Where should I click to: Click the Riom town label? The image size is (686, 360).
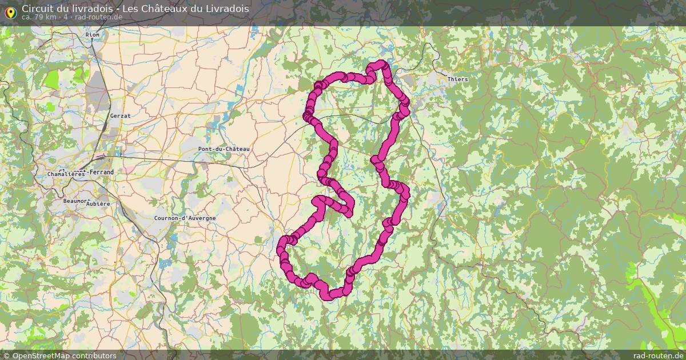click(92, 35)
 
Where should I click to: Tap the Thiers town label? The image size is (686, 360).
click(457, 79)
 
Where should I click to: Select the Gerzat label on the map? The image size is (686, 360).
click(120, 116)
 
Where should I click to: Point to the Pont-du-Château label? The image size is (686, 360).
click(224, 149)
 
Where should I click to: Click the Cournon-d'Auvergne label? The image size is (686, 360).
click(185, 218)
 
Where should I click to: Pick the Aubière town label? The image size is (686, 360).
click(98, 203)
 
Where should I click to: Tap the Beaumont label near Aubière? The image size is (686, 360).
click(75, 201)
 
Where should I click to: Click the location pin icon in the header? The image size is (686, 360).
click(10, 12)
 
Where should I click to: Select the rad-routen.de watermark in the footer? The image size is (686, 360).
click(658, 355)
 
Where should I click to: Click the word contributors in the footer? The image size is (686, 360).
click(91, 355)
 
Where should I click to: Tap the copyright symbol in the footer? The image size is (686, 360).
click(6, 355)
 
